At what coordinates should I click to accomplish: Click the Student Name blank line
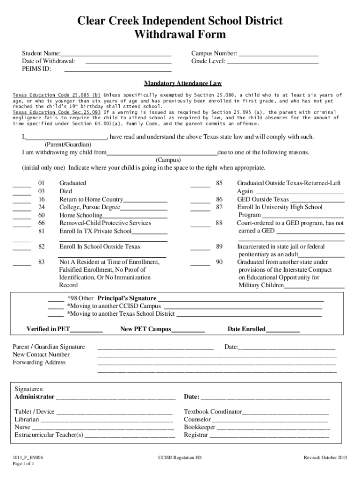point(116,55)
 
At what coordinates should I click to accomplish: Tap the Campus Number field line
point(279,55)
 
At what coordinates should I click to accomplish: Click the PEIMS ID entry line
point(117,71)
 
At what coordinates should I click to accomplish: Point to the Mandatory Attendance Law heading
point(182,83)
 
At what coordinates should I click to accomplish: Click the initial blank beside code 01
point(22,185)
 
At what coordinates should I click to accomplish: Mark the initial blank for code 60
point(22,217)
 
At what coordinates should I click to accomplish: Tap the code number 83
point(42,262)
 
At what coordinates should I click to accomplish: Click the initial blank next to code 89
point(200,249)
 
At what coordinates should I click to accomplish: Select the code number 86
point(219,200)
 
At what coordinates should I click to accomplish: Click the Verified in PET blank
point(86,331)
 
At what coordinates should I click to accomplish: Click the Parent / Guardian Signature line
point(155,349)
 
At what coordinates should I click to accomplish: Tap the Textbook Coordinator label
point(213,412)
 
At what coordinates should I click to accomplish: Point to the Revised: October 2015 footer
point(325,457)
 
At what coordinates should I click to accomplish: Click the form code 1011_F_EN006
point(29,457)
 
